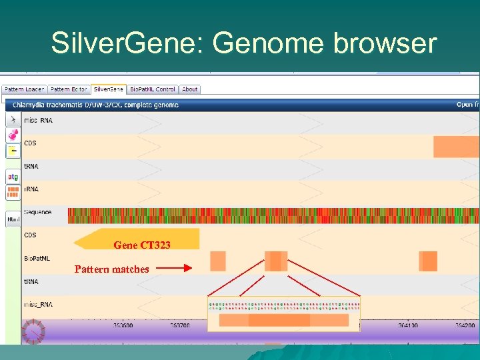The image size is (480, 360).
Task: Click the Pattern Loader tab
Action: pyautogui.click(x=23, y=89)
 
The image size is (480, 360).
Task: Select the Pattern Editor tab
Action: pyautogui.click(x=69, y=89)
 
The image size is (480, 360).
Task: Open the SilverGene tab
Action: pyautogui.click(x=108, y=89)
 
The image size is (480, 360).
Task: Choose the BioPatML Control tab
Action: pyautogui.click(x=153, y=89)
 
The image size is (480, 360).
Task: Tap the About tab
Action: pyautogui.click(x=190, y=89)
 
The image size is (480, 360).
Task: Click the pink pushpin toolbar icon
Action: pyautogui.click(x=13, y=135)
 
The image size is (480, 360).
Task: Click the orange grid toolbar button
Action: pyautogui.click(x=13, y=193)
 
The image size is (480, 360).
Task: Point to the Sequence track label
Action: pyautogui.click(x=37, y=212)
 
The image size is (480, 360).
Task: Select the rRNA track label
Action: pyautogui.click(x=31, y=189)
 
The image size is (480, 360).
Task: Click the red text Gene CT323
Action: pyautogui.click(x=142, y=245)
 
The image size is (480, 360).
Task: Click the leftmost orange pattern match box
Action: pyautogui.click(x=217, y=261)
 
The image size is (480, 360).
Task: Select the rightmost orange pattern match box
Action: pyautogui.click(x=429, y=261)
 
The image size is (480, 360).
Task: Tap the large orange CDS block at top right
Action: pyautogui.click(x=456, y=147)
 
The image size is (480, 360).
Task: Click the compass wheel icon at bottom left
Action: pyautogui.click(x=33, y=331)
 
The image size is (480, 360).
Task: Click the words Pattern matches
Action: pyautogui.click(x=112, y=269)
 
